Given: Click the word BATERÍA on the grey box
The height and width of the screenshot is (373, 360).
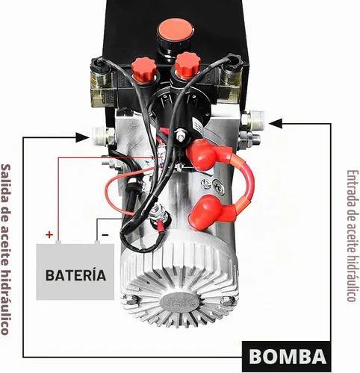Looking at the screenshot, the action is pos(75,275).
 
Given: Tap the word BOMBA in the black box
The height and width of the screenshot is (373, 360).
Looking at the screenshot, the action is pos(288,357).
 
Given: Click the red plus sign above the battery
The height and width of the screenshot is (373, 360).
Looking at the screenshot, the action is pos(49,234).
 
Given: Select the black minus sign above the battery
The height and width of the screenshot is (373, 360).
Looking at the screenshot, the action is pos(105,235).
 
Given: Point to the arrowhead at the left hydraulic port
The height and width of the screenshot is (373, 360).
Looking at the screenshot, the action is pos(82,137).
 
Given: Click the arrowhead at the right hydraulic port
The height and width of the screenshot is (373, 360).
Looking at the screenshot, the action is pos(276,123).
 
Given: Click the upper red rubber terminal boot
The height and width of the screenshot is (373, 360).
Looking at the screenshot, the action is pos(205,154).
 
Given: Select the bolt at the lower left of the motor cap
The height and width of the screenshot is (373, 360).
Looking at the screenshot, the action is pos(131,300).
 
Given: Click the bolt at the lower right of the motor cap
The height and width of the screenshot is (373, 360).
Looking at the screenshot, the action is pos(227,301).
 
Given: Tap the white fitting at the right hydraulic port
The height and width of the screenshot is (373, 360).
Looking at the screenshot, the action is pos(256,120).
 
